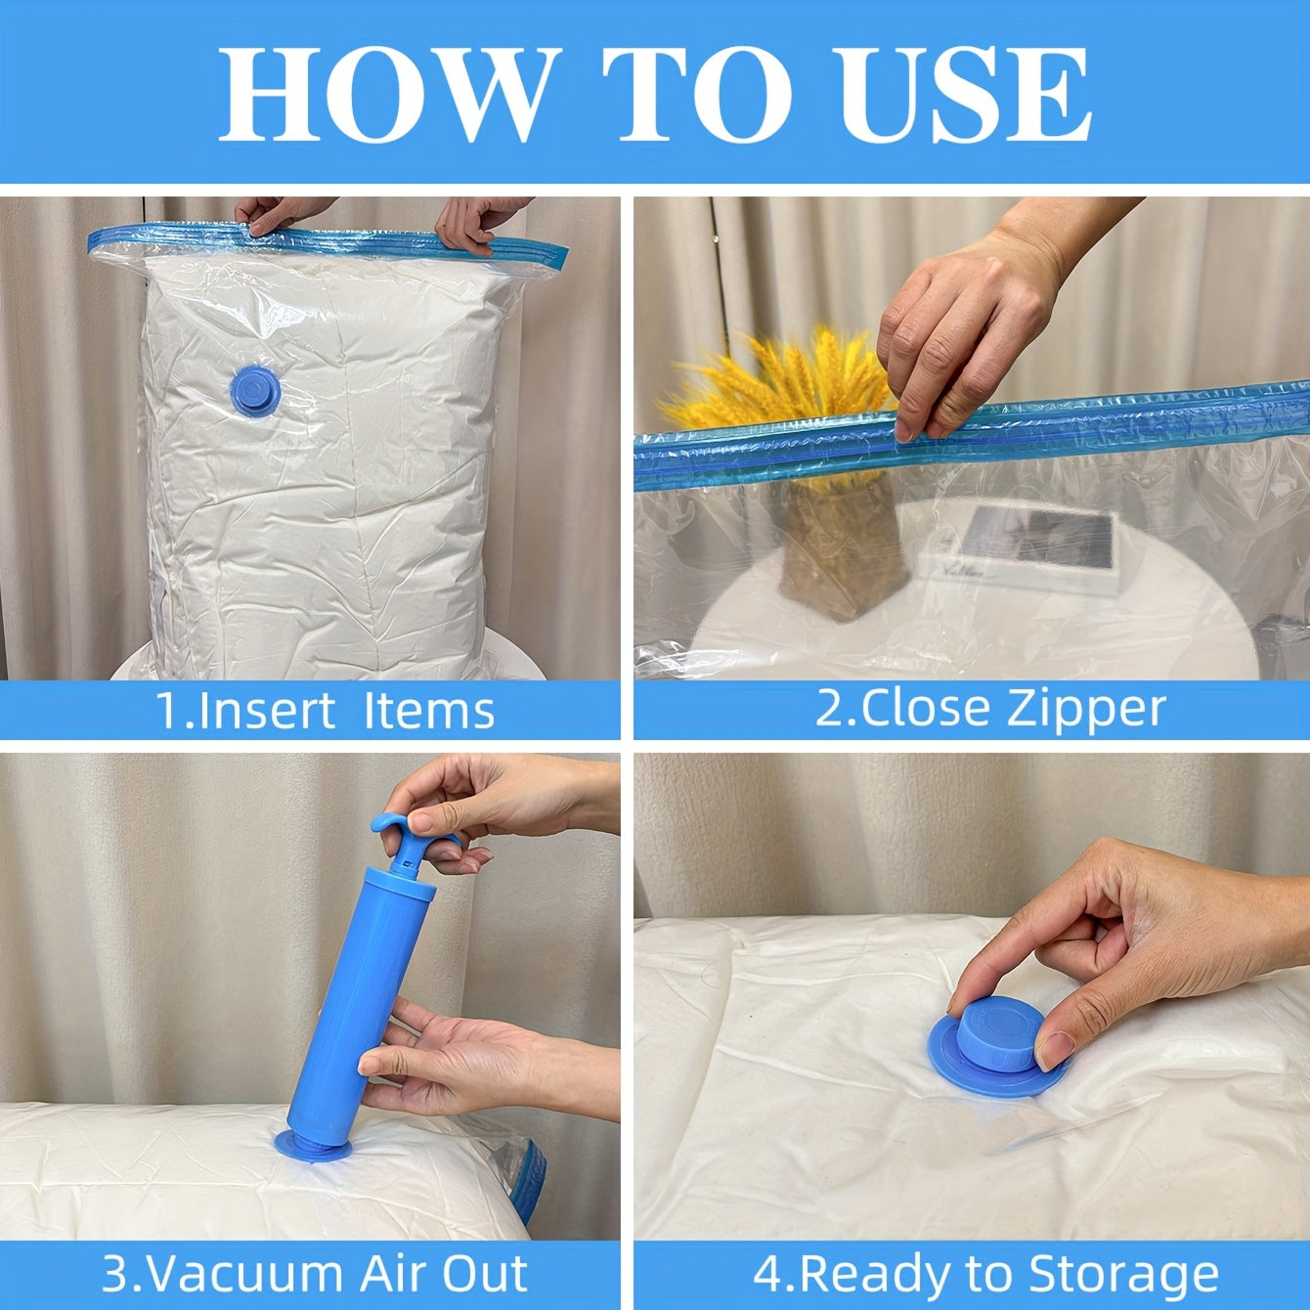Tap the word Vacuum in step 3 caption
[x=245, y=1273]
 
